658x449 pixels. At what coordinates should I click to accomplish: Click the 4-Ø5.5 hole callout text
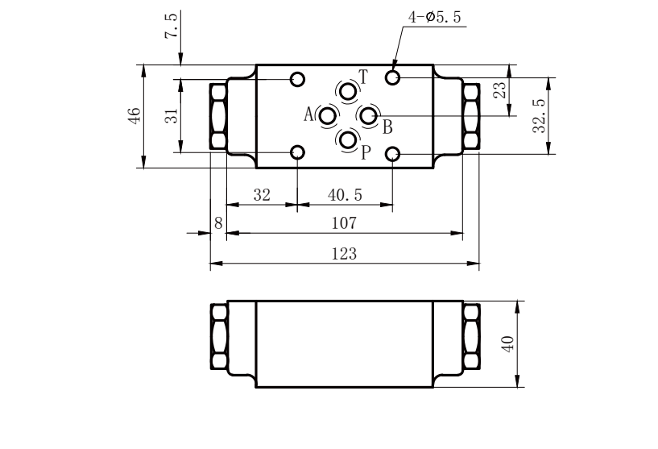[x=434, y=17]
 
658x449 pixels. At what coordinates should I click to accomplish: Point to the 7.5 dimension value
[x=171, y=25]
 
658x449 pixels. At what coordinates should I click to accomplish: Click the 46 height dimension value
[x=134, y=116]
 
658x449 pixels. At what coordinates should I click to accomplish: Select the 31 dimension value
[x=171, y=115]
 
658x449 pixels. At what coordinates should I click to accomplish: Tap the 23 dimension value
[x=499, y=90]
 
